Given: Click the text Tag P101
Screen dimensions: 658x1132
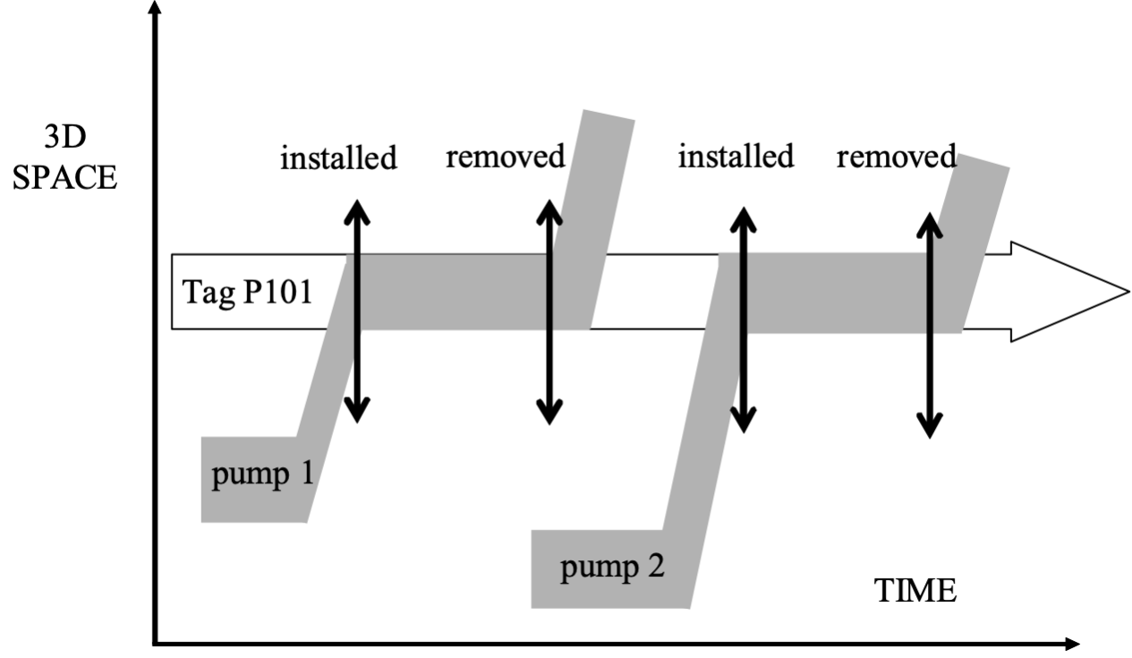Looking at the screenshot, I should tap(247, 292).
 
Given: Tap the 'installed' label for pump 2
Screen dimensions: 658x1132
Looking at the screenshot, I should tap(736, 156).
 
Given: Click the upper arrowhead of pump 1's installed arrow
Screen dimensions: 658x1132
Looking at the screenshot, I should tap(357, 208).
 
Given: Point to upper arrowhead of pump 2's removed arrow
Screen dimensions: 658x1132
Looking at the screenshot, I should tap(932, 223).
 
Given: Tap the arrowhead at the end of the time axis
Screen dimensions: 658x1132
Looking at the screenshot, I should tap(1068, 642).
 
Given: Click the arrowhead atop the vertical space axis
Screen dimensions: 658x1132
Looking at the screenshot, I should tap(158, 9).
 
